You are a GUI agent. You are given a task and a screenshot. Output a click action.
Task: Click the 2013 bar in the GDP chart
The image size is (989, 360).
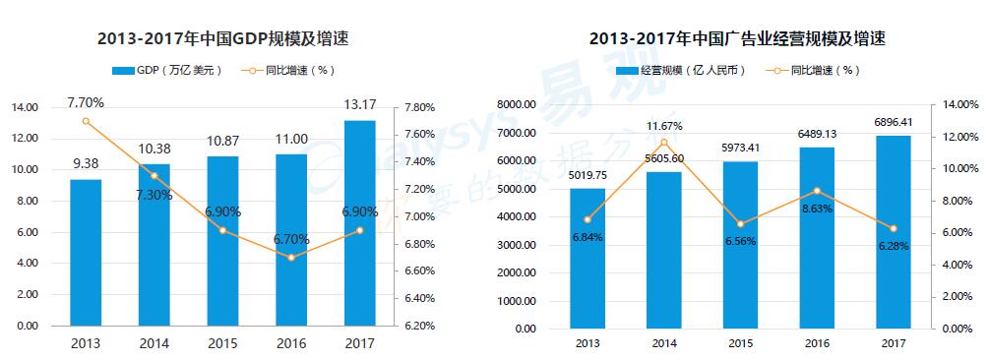(86, 252)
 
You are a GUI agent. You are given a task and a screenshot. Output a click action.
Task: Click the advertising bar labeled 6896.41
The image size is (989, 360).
(894, 231)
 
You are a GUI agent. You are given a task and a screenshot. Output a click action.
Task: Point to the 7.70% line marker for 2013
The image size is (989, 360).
(86, 121)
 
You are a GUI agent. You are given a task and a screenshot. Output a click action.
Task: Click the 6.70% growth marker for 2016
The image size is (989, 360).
(291, 258)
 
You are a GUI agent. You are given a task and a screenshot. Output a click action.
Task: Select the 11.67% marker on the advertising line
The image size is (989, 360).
(664, 142)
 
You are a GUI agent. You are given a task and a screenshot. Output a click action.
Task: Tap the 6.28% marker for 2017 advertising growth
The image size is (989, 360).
(894, 228)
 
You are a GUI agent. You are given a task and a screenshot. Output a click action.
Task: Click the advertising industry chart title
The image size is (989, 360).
(737, 40)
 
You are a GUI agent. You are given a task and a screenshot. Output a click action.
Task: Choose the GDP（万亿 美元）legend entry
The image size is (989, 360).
(168, 71)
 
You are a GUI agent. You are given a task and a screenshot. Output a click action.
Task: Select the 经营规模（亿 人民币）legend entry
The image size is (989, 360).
(680, 71)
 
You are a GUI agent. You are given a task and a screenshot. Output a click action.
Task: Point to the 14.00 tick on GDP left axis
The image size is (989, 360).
(26, 107)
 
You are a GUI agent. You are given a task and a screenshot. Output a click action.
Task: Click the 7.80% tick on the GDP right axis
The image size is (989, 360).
(421, 107)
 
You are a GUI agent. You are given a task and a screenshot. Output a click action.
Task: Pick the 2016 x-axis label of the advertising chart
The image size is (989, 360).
(817, 343)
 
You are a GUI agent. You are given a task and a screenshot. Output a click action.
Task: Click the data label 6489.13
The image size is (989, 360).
(817, 135)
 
